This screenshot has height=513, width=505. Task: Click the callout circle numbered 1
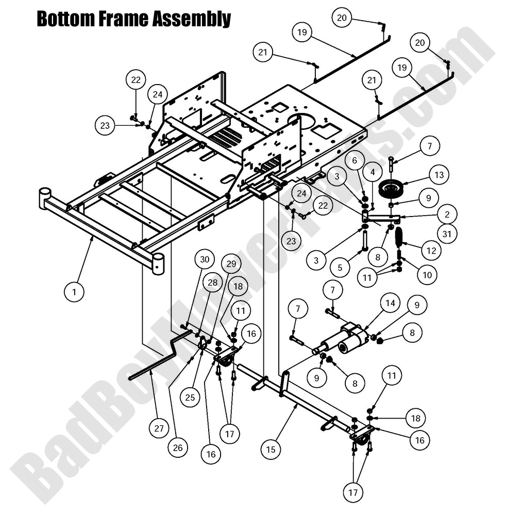pyautogui.click(x=74, y=292)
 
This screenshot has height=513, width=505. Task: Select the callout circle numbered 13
pyautogui.click(x=439, y=175)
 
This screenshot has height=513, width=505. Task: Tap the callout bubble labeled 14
pyautogui.click(x=390, y=303)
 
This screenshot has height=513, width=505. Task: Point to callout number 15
pyautogui.click(x=271, y=450)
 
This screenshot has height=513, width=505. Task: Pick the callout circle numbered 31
pyautogui.click(x=448, y=233)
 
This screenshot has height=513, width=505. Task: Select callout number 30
pyautogui.click(x=205, y=260)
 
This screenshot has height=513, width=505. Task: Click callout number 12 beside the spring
pyautogui.click(x=431, y=251)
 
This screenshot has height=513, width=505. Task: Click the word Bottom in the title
pyautogui.click(x=61, y=19)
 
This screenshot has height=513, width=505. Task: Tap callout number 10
pyautogui.click(x=427, y=275)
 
